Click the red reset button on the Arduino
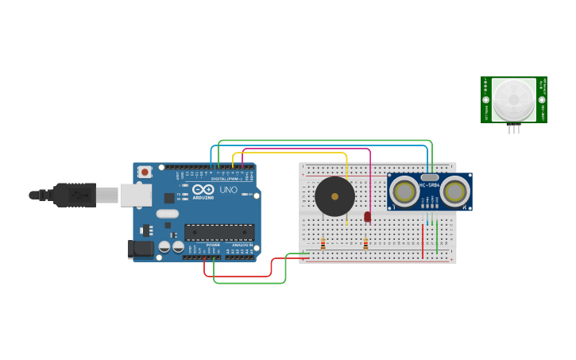pyautogui.click(x=145, y=172)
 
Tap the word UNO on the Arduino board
pyautogui.click(x=229, y=190)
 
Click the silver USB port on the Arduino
pyautogui.click(x=136, y=195)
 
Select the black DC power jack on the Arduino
pyautogui.click(x=141, y=249)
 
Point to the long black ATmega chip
pyautogui.click(x=219, y=233)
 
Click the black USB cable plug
pyautogui.click(x=75, y=195)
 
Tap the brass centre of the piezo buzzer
pyautogui.click(x=334, y=196)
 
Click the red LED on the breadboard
pyautogui.click(x=367, y=216)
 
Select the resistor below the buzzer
pyautogui.click(x=323, y=244)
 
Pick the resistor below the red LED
pyautogui.click(x=365, y=244)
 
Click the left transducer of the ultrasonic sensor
pyautogui.click(x=404, y=192)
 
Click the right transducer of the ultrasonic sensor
pyautogui.click(x=454, y=192)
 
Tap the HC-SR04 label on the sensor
pyautogui.click(x=430, y=186)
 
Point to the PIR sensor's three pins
pyautogui.click(x=513, y=129)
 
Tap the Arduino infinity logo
pyautogui.click(x=203, y=190)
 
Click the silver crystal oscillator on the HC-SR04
pyautogui.click(x=429, y=177)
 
